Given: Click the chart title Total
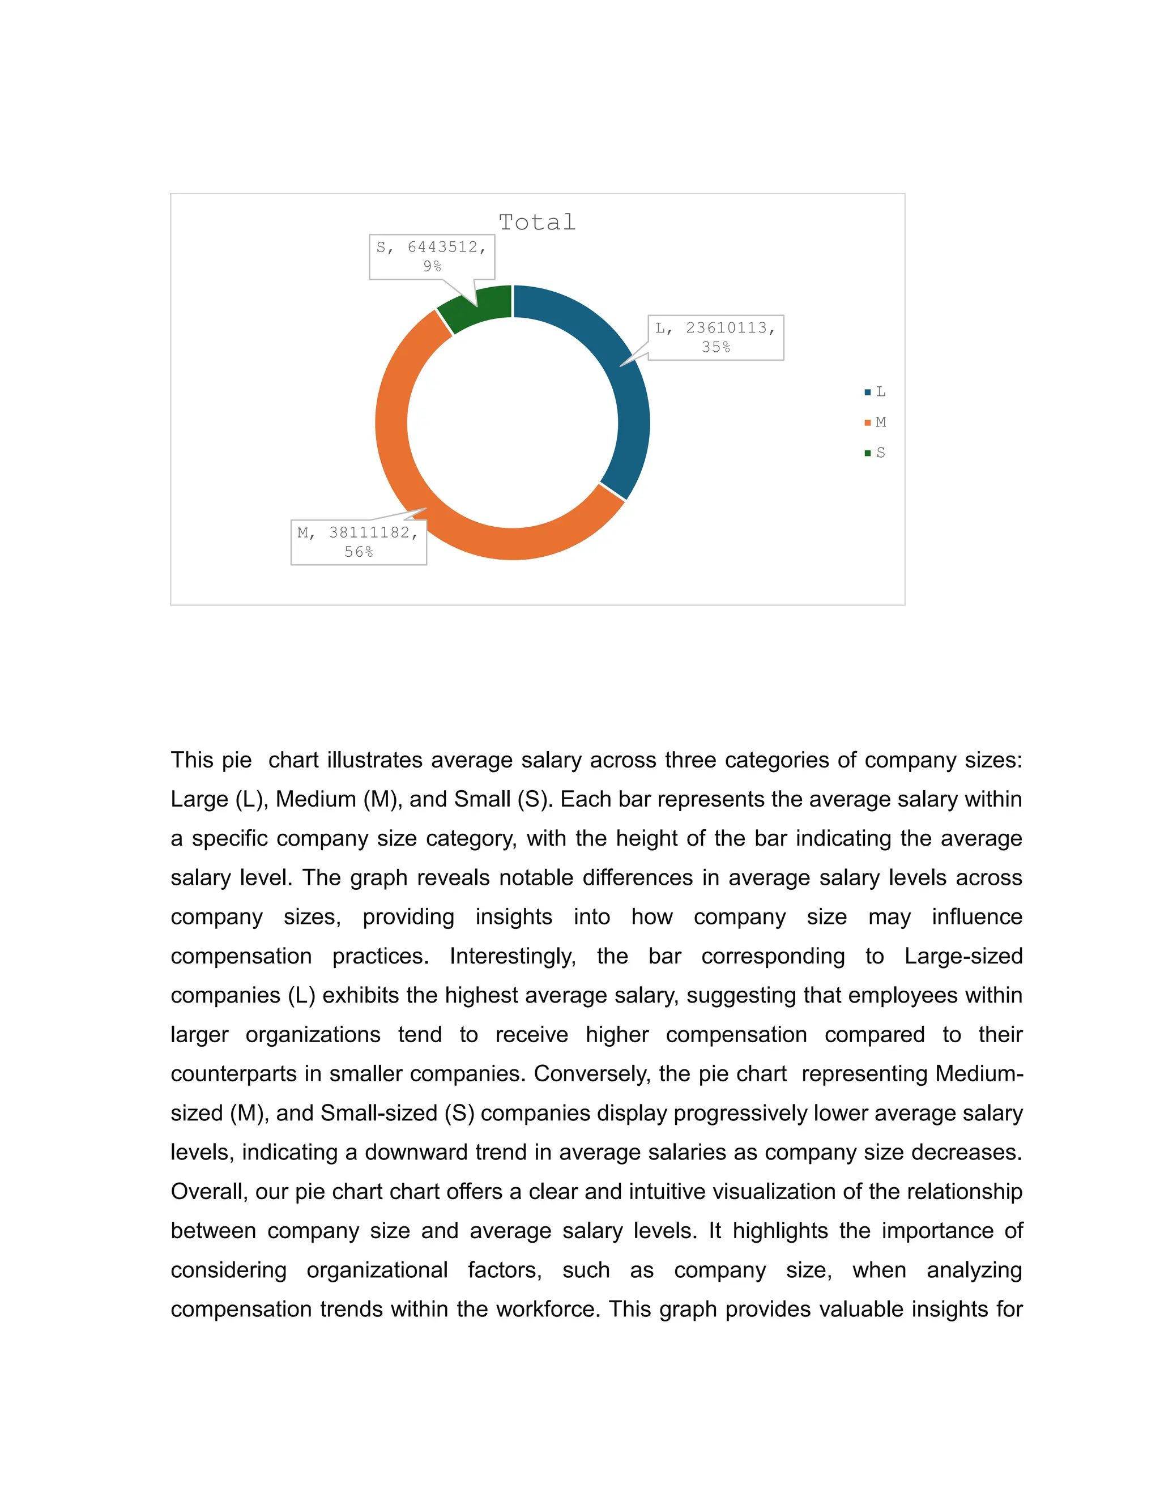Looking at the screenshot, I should (x=537, y=223).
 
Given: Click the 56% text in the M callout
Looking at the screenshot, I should (x=358, y=552).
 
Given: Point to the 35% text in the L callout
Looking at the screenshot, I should (x=715, y=347).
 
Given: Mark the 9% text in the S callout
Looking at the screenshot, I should (x=432, y=267).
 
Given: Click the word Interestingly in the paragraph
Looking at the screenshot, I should (x=513, y=956).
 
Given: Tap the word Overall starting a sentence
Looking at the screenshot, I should (x=209, y=1191).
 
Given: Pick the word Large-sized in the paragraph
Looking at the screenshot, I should (x=963, y=956).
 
